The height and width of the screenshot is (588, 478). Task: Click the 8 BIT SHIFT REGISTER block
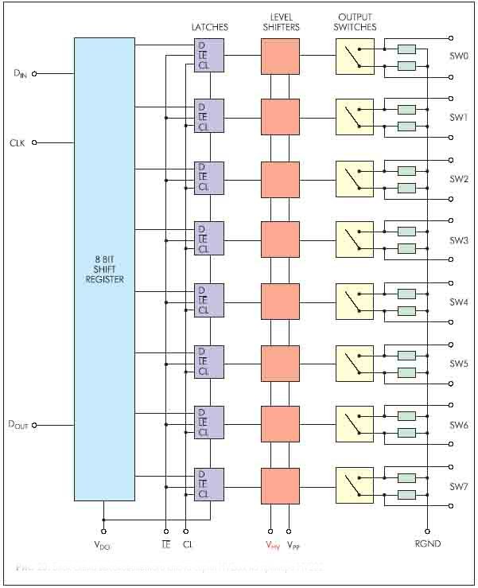point(103,269)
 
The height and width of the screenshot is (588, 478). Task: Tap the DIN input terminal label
point(20,74)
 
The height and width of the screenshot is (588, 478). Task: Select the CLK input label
point(18,143)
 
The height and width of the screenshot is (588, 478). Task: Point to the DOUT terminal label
point(18,426)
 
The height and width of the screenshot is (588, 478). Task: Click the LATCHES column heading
point(209,27)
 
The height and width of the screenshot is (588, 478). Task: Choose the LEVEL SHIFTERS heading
point(280,21)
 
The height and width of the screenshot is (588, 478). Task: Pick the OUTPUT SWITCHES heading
point(356,21)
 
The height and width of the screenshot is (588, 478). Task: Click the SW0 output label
point(459,56)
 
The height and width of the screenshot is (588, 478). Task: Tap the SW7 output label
point(459,486)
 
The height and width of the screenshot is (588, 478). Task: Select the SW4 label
point(459,302)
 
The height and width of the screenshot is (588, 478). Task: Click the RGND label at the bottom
point(428,545)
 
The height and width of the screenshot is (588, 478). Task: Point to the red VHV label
point(273,546)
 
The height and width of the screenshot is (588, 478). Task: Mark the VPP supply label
point(293,546)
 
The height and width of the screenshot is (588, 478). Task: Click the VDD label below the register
point(103,546)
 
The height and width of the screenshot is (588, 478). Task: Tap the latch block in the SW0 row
point(209,55)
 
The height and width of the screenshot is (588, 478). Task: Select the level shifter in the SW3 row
point(280,239)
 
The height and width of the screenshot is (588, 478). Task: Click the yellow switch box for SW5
point(355,362)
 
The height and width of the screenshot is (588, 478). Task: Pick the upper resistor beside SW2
point(406,171)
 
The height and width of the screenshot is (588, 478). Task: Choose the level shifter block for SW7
point(280,485)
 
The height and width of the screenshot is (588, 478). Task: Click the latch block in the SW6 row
point(209,423)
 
